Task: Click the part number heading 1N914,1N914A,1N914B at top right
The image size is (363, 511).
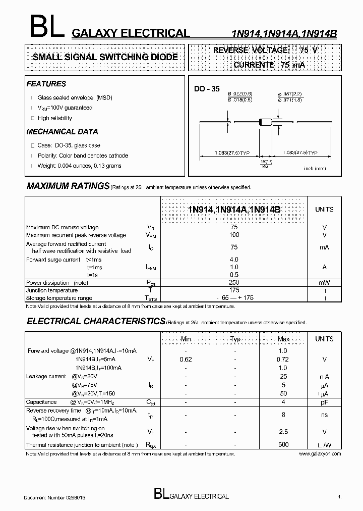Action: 284,33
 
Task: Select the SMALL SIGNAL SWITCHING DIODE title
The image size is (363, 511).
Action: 105,57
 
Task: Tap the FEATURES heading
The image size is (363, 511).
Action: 46,84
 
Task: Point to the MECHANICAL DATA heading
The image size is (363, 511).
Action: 62,132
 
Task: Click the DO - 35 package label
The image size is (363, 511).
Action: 207,89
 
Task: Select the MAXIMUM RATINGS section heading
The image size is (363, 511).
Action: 68,186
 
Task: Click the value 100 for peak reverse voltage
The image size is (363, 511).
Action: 234,235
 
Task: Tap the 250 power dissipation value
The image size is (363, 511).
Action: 234,283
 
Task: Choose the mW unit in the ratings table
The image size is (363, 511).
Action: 324,283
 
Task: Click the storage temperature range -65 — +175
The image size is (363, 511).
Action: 234,298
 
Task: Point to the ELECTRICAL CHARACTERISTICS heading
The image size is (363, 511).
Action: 96,321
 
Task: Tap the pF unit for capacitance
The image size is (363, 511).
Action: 324,402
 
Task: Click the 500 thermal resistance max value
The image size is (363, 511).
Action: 283,445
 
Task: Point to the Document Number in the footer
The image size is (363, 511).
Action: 54,497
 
